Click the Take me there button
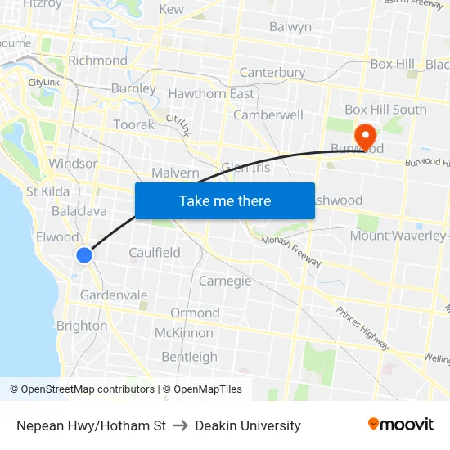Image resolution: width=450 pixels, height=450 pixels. [x=225, y=200]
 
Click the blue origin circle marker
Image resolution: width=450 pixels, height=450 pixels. [x=84, y=255]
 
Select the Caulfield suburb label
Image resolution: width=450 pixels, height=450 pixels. [x=155, y=253]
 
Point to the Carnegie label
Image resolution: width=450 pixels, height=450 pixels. [x=225, y=281]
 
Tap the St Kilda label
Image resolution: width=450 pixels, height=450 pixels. [x=47, y=191]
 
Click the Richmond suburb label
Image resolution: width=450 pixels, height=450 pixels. [x=97, y=61]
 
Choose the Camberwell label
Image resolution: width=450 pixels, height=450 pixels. [x=268, y=115]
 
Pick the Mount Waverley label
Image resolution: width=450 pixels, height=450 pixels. [x=398, y=236]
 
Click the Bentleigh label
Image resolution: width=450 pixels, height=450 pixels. [x=189, y=357]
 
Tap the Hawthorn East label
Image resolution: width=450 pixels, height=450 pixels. [x=211, y=94]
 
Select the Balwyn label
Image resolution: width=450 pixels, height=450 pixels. [x=290, y=27]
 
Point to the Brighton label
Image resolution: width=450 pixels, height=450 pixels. [x=82, y=326]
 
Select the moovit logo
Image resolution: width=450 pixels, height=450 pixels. [x=400, y=425]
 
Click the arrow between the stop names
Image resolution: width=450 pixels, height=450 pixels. [x=181, y=425]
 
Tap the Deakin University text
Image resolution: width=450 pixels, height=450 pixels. [x=248, y=425]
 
